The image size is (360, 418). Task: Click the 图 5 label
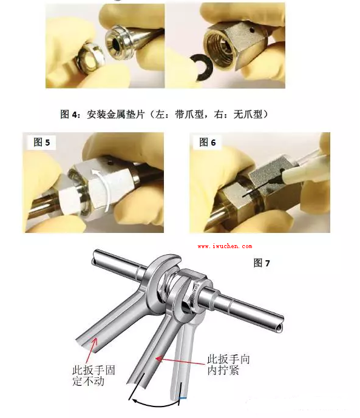tap(42, 142)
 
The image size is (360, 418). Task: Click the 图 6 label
tap(208, 142)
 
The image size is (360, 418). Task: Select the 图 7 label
tap(262, 263)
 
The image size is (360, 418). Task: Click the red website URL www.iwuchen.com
tap(225, 246)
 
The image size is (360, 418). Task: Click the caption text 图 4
tap(70, 115)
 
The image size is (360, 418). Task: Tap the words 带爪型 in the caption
tap(189, 115)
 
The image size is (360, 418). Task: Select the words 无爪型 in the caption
tap(248, 115)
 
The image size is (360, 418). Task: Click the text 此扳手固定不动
tap(93, 376)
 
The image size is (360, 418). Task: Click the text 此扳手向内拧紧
tap(228, 365)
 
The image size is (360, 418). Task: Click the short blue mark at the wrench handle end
tap(182, 398)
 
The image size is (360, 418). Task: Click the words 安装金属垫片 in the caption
tap(115, 115)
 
